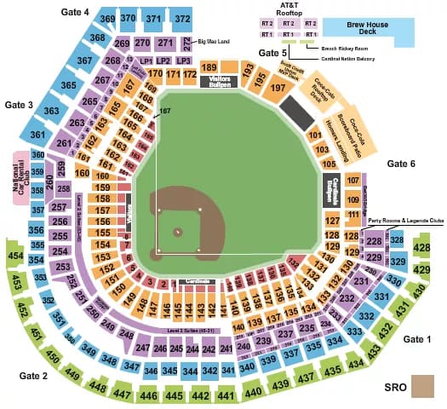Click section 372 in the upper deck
click(181, 18)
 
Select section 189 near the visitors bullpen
click(209, 68)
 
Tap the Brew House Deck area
click(368, 27)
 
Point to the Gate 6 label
click(400, 163)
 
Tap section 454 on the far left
click(14, 255)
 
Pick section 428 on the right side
click(422, 248)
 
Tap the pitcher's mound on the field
click(178, 231)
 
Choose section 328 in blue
click(398, 241)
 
